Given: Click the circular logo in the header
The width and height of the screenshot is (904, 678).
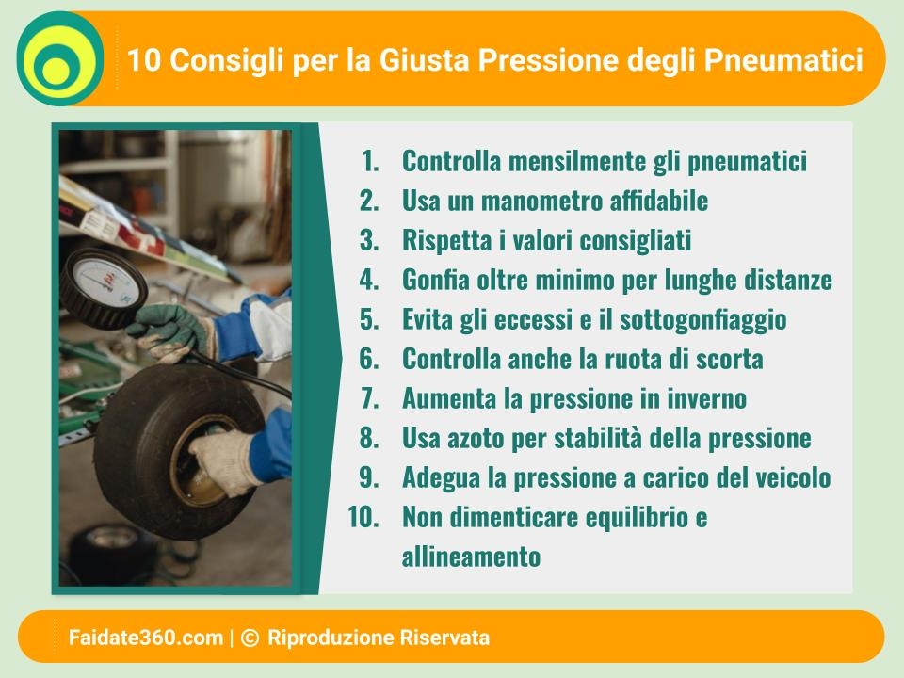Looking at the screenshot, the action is (60, 58).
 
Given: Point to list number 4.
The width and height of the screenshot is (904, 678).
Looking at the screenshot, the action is (369, 280).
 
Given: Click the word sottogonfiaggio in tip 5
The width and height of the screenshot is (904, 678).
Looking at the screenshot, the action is (702, 320).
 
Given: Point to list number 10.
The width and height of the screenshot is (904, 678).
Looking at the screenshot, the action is (363, 517).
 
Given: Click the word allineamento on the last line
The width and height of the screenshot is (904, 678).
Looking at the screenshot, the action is (471, 557).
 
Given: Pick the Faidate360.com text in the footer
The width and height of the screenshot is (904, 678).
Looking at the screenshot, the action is (145, 638).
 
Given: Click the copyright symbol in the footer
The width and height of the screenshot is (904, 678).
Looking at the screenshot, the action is (250, 638).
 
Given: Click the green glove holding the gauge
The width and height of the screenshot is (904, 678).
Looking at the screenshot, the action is (169, 332).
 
